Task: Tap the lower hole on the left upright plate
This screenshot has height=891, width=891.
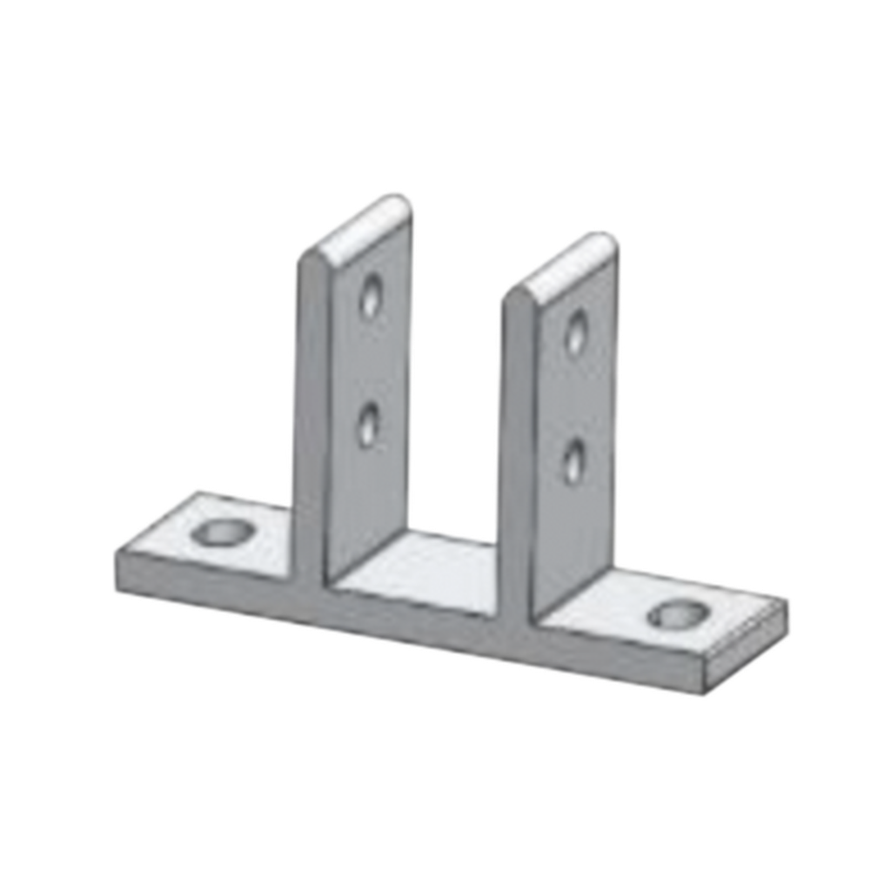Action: click(369, 426)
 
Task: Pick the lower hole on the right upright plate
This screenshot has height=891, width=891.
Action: click(573, 461)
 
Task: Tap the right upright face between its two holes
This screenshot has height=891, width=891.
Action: click(574, 397)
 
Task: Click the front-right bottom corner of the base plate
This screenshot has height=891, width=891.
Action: click(705, 696)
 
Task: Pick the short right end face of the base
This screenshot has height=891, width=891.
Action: click(748, 648)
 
